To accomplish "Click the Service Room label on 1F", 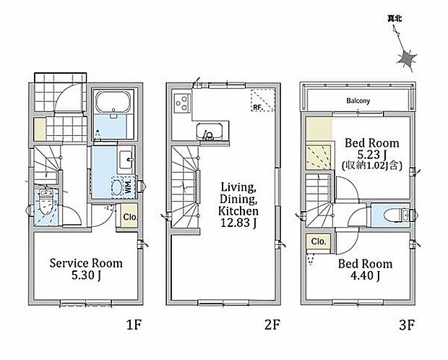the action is click(x=86, y=263).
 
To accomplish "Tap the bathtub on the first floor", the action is click(x=113, y=102).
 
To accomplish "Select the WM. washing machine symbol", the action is click(x=123, y=187).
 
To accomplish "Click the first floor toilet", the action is click(x=46, y=202).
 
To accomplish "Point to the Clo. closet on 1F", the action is click(x=129, y=216).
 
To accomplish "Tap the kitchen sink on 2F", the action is click(x=210, y=132).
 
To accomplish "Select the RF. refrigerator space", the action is click(x=263, y=100).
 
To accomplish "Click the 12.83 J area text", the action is click(x=238, y=223).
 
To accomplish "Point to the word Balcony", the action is click(x=358, y=100).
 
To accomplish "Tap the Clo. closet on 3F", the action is click(x=318, y=241).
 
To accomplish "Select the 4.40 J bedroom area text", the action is click(x=365, y=275).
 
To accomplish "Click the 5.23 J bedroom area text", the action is click(x=372, y=155).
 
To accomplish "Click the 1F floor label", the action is click(x=134, y=325).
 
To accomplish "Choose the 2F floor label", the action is click(x=272, y=325).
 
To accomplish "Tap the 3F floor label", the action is click(x=407, y=325).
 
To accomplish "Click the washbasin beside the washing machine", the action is click(x=126, y=160).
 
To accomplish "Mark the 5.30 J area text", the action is click(x=86, y=275).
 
